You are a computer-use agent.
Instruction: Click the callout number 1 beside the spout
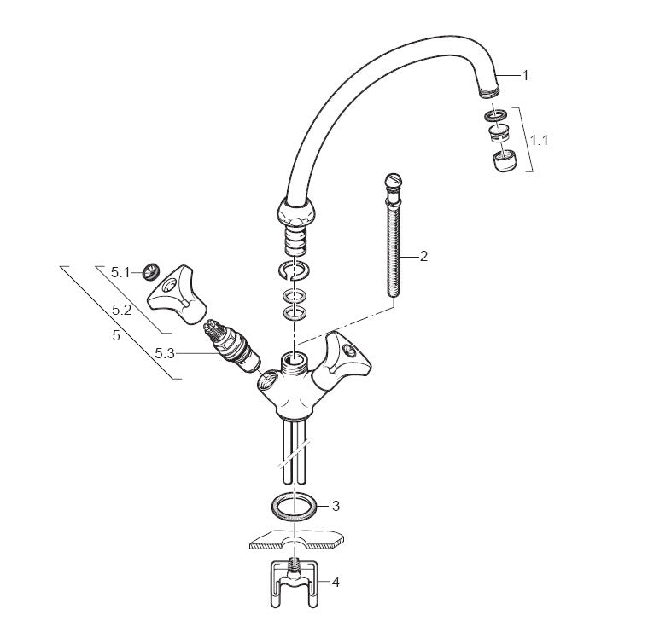[525, 76]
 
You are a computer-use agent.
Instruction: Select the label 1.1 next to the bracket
[540, 141]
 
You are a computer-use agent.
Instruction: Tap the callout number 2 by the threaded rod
[423, 257]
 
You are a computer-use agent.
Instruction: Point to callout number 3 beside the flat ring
[336, 506]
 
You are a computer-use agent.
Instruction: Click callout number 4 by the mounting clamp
[336, 583]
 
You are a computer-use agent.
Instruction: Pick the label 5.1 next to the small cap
[120, 273]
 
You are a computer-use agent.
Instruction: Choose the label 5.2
[122, 310]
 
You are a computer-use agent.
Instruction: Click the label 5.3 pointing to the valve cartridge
[165, 353]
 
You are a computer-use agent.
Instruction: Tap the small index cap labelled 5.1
[151, 271]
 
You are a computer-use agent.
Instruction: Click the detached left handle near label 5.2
[177, 294]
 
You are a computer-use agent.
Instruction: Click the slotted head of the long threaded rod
[393, 181]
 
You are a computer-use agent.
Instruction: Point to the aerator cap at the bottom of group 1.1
[505, 161]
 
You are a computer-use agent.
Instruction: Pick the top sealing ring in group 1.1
[496, 115]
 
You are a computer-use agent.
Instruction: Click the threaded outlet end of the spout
[490, 91]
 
